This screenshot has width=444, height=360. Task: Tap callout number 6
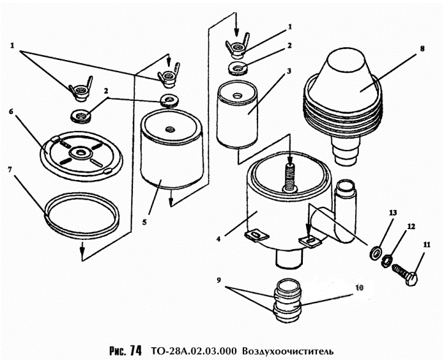click(x=11, y=111)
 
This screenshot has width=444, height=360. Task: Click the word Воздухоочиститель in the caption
click(x=288, y=350)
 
